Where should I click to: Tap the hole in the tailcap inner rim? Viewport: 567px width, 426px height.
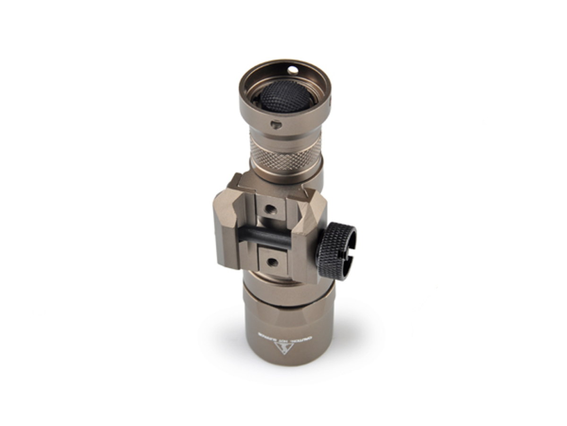(x=293, y=70)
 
